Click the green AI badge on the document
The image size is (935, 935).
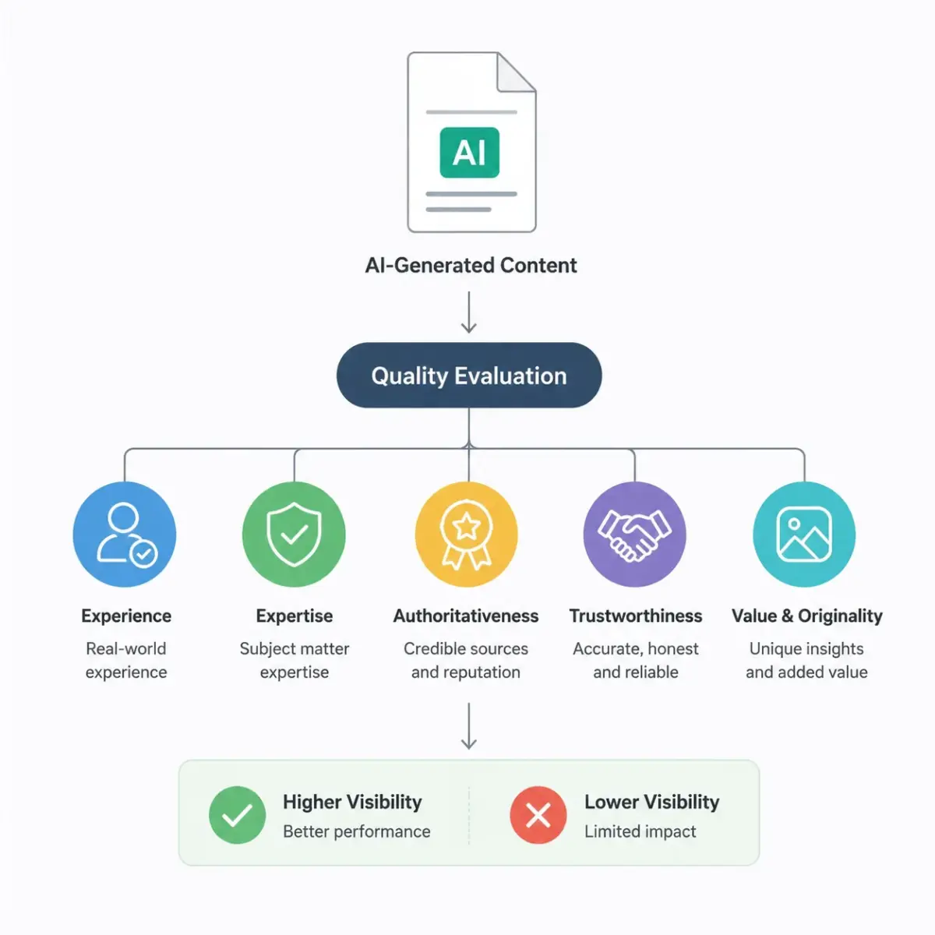[x=469, y=153]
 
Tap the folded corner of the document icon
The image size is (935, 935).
[x=516, y=72]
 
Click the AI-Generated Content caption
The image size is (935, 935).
[x=471, y=266]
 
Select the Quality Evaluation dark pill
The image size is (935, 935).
[x=469, y=375]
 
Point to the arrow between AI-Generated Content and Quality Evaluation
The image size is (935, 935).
[x=469, y=312]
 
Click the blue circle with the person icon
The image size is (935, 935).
[x=125, y=535]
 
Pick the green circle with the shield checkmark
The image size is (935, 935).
[x=294, y=535]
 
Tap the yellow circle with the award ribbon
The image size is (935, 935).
[x=466, y=535]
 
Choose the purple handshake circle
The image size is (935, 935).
[x=635, y=535]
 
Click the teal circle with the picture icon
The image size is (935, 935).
[x=804, y=535]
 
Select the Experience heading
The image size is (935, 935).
[x=126, y=616]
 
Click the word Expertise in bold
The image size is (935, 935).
[x=295, y=616]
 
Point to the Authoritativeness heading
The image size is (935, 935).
[x=466, y=616]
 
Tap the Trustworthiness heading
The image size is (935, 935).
[x=636, y=616]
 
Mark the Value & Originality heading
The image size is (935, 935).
[x=807, y=616]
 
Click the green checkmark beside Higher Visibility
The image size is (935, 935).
[x=238, y=815]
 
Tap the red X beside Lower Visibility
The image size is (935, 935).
[x=538, y=815]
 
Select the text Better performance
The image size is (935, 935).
[x=357, y=831]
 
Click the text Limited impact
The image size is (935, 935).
[x=640, y=831]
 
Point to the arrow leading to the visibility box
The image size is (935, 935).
[x=469, y=726]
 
